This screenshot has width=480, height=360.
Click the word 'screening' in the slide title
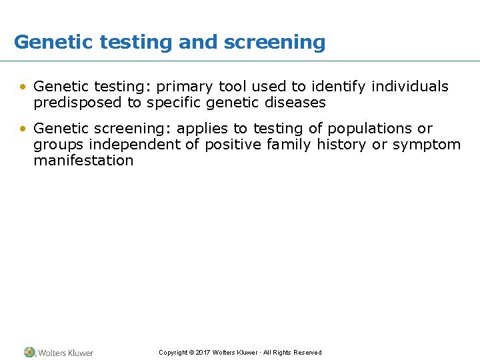coord(275,43)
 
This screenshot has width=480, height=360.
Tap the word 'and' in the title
coord(199,42)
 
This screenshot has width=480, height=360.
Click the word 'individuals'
coord(410,86)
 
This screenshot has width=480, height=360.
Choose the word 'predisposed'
coord(74,103)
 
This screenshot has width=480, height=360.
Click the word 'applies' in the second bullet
coord(203,129)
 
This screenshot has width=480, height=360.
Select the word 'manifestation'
coord(83,160)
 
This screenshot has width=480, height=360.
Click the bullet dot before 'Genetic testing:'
coord(23,87)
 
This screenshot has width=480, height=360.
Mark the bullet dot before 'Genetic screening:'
coord(23,129)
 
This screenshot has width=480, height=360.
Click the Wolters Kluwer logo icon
coord(30,352)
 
